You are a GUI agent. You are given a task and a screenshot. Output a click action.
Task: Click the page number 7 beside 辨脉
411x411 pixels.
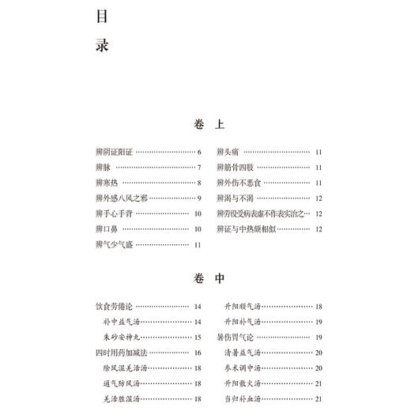tap(199, 167)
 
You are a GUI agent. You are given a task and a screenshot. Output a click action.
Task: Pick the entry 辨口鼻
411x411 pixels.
tap(104, 229)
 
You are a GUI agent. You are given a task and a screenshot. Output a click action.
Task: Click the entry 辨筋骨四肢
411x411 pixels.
tap(236, 167)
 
